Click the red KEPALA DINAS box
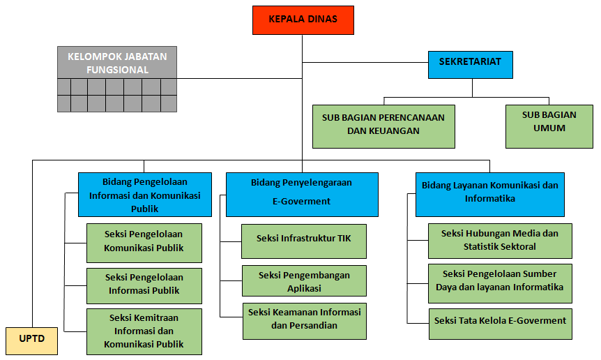[303, 20]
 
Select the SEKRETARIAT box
[471, 65]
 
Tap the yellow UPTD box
[32, 341]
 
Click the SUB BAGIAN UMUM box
[549, 126]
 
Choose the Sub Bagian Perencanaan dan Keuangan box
[383, 126]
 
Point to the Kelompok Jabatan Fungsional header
[117, 63]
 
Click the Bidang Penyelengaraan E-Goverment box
[302, 195]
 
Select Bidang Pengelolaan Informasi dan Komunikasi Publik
[145, 195]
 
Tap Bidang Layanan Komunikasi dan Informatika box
[490, 195]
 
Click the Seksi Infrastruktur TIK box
[304, 241]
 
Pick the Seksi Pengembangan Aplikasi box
[304, 280]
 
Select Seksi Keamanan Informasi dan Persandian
[304, 321]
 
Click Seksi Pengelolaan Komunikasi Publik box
[144, 243]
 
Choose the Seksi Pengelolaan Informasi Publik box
[144, 286]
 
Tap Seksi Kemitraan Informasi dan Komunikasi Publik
[144, 331]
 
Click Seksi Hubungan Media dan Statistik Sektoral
[500, 241]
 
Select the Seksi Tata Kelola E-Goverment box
[501, 324]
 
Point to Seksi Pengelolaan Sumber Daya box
[500, 283]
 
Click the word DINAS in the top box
[321, 19]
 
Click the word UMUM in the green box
[549, 128]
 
